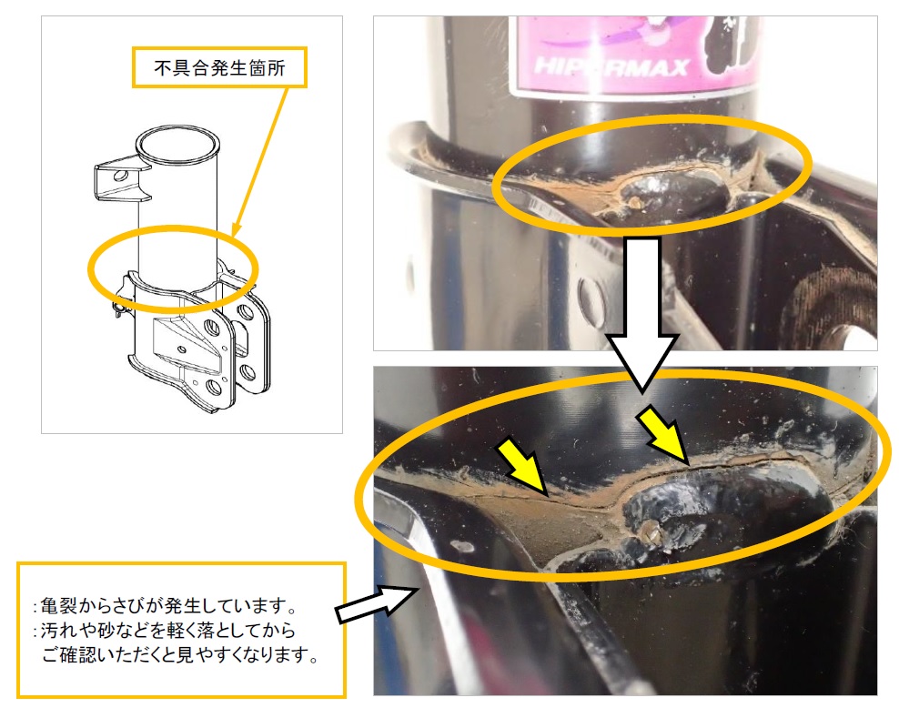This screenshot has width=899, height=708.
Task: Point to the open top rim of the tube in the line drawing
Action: click(177, 142)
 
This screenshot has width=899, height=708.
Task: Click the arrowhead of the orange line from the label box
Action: click(235, 233)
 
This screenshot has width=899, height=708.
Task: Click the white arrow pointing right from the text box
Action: click(374, 602)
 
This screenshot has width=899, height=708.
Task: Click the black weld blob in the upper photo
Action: click(670, 190)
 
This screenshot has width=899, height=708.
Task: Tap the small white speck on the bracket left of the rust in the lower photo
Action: click(464, 548)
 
